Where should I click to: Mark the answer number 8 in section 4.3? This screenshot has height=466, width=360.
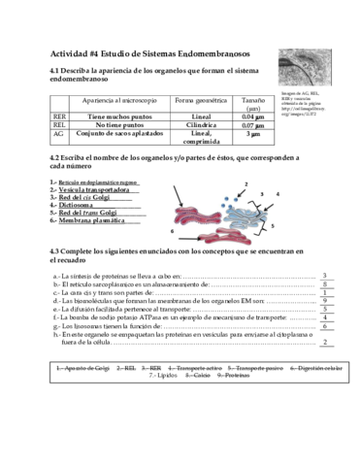(x=323, y=283)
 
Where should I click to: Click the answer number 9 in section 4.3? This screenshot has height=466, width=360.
(x=323, y=300)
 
